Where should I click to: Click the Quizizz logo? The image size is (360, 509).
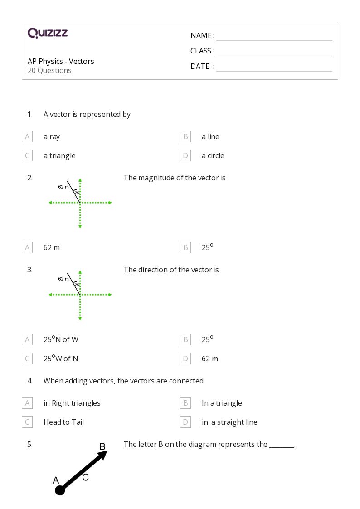click(x=48, y=33)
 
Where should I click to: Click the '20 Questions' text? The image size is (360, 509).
click(x=49, y=71)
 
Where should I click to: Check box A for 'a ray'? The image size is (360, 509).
click(x=27, y=136)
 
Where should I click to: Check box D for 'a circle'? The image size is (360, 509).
click(x=185, y=155)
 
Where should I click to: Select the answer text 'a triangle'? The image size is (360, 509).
click(x=59, y=155)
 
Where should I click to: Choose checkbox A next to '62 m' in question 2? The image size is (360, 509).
click(x=27, y=247)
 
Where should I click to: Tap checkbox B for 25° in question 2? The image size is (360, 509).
click(x=185, y=247)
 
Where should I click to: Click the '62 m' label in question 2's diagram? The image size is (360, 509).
click(x=63, y=187)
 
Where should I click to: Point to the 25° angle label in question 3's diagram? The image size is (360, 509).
click(x=77, y=285)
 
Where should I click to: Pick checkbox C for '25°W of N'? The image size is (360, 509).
click(x=27, y=359)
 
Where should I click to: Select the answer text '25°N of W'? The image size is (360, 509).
click(x=61, y=339)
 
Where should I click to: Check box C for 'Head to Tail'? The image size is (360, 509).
click(x=27, y=422)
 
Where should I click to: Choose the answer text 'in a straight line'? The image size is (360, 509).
click(x=229, y=422)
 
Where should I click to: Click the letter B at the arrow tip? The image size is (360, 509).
click(x=102, y=447)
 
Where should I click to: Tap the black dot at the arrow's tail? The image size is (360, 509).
click(x=60, y=490)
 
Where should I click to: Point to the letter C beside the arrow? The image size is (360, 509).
click(x=85, y=477)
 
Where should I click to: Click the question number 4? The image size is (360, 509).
click(x=30, y=381)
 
